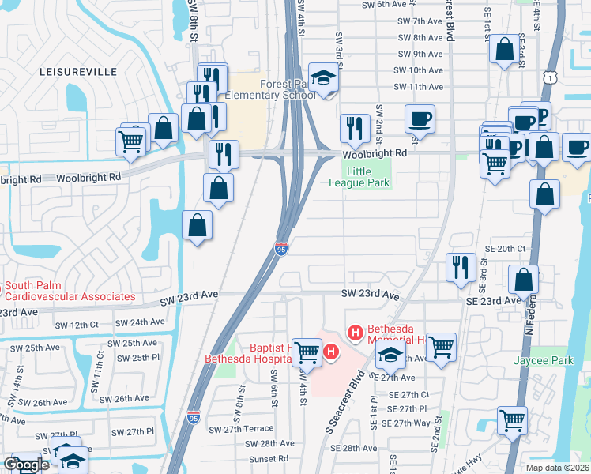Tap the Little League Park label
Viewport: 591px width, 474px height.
click(360, 175)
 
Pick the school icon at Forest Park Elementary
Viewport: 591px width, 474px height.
click(322, 78)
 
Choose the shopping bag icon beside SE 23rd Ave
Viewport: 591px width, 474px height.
click(524, 279)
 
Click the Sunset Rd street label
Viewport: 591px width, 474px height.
click(268, 459)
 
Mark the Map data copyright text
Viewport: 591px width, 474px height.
click(557, 468)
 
